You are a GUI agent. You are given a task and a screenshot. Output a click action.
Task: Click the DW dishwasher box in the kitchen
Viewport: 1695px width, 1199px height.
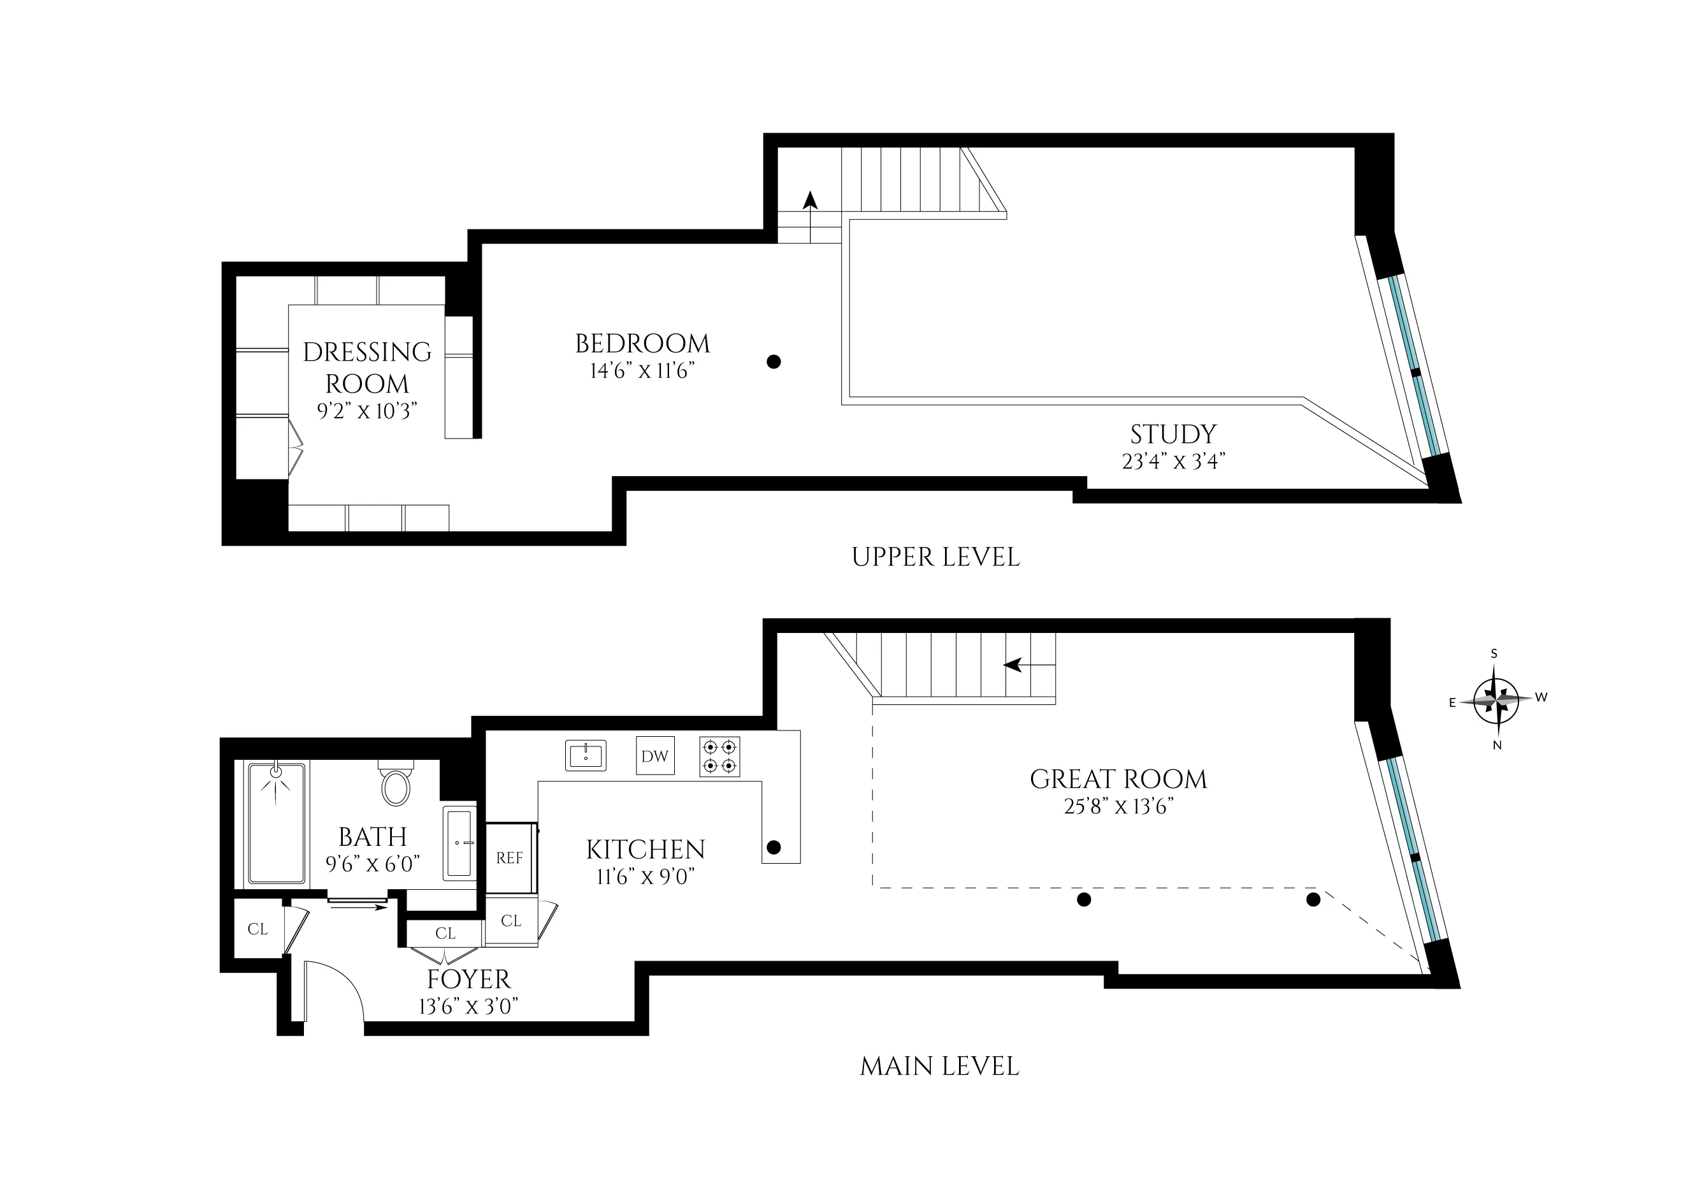pyautogui.click(x=655, y=756)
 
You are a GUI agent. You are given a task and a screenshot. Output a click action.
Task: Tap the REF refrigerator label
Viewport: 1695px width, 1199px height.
pyautogui.click(x=509, y=858)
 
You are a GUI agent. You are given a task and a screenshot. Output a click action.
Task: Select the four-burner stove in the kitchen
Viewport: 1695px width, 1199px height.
pyautogui.click(x=720, y=756)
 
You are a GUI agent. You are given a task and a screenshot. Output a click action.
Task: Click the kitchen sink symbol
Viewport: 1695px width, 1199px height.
pyautogui.click(x=586, y=755)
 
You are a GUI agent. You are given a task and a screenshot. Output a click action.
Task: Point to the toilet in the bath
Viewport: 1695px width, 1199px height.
pyautogui.click(x=396, y=785)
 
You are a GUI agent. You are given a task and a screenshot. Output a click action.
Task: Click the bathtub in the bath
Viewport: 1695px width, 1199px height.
pyautogui.click(x=277, y=823)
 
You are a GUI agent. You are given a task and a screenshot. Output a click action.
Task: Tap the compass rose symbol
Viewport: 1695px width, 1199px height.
pyautogui.click(x=1495, y=699)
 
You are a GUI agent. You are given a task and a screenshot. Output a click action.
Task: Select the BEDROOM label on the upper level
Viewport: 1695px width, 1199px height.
pyautogui.click(x=642, y=344)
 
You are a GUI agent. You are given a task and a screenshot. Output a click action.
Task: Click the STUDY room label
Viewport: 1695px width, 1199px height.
pyautogui.click(x=1173, y=434)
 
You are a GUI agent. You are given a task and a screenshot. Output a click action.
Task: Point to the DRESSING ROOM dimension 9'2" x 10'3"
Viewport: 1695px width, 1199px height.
pyautogui.click(x=368, y=411)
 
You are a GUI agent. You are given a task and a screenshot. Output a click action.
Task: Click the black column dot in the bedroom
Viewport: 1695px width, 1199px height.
pyautogui.click(x=774, y=362)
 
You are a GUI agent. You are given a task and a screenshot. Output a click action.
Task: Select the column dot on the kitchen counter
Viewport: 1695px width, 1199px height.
pyautogui.click(x=774, y=847)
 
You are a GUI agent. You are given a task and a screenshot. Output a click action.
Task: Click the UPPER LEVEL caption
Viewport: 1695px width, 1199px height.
pyautogui.click(x=935, y=557)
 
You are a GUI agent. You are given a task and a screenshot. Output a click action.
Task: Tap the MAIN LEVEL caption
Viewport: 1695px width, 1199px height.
pyautogui.click(x=939, y=1066)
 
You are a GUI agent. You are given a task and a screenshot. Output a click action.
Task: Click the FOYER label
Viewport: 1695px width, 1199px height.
pyautogui.click(x=469, y=980)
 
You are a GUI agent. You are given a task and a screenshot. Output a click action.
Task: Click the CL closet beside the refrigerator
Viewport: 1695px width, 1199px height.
pyautogui.click(x=511, y=920)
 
